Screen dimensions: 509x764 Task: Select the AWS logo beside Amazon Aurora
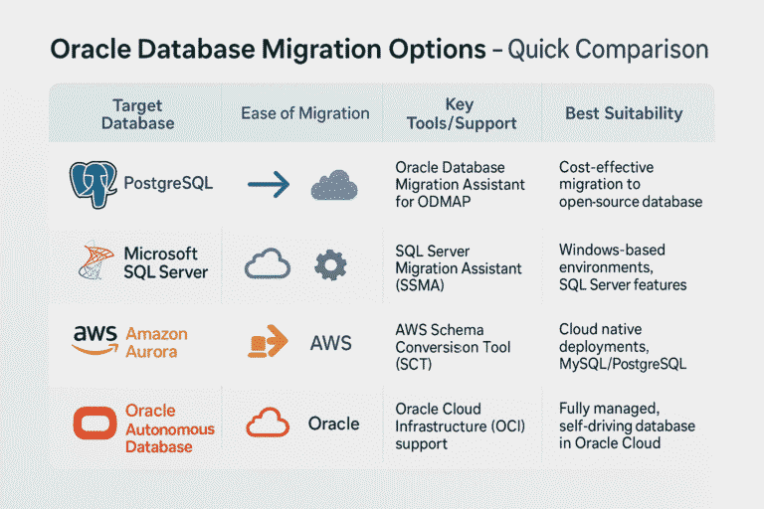coord(95,340)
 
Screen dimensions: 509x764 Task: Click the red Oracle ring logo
coord(95,424)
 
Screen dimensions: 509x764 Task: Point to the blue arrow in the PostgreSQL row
coord(268,184)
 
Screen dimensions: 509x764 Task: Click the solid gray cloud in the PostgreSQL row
coord(333,185)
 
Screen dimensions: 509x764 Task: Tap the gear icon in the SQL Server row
coord(329,264)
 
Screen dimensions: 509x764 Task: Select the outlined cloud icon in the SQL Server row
coord(267,264)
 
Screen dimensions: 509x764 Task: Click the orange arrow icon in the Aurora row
coord(267,342)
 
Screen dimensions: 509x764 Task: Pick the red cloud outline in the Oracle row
coord(268,424)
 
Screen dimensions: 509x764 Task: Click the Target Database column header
coord(137,114)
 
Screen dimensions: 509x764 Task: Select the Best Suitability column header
coord(624,113)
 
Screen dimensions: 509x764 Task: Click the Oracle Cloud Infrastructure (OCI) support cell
coord(460,425)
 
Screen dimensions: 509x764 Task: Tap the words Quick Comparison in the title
coord(608,50)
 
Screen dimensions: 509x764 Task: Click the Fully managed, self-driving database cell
coord(627,425)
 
